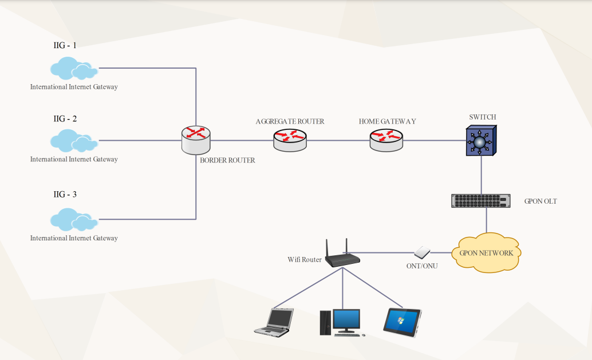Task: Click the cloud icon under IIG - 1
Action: click(x=74, y=69)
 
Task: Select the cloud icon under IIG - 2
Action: click(x=74, y=141)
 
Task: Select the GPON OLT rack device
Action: click(x=480, y=201)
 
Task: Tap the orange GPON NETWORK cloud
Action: click(x=486, y=252)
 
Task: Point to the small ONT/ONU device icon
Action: click(x=423, y=252)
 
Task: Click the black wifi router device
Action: click(x=342, y=256)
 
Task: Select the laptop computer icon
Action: click(x=274, y=322)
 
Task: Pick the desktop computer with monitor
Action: click(x=341, y=322)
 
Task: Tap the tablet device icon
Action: click(x=402, y=322)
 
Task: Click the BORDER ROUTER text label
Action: click(x=227, y=160)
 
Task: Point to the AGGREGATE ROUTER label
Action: click(x=290, y=121)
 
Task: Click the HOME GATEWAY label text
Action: click(x=387, y=121)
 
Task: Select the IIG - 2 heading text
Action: click(x=65, y=119)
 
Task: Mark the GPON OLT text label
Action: click(x=540, y=201)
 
